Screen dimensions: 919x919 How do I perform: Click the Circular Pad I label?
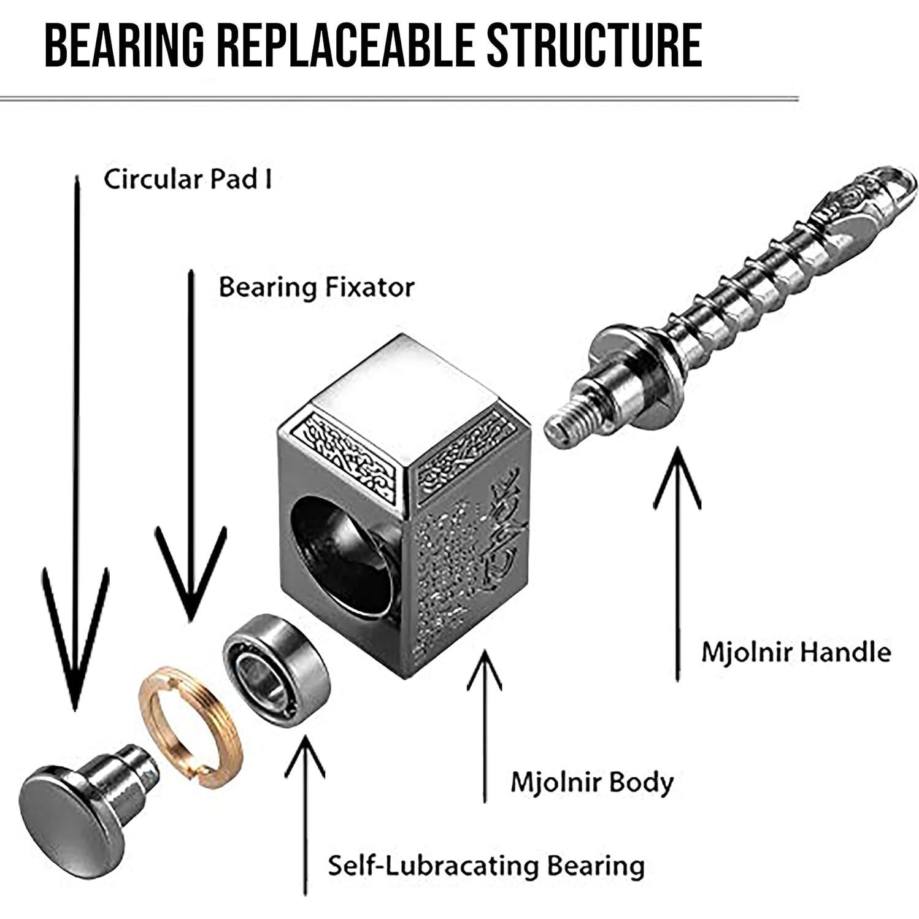[187, 179]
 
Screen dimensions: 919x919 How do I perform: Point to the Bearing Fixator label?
[317, 287]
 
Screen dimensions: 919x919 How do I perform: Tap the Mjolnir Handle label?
[796, 652]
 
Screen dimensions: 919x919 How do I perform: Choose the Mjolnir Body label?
[592, 782]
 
